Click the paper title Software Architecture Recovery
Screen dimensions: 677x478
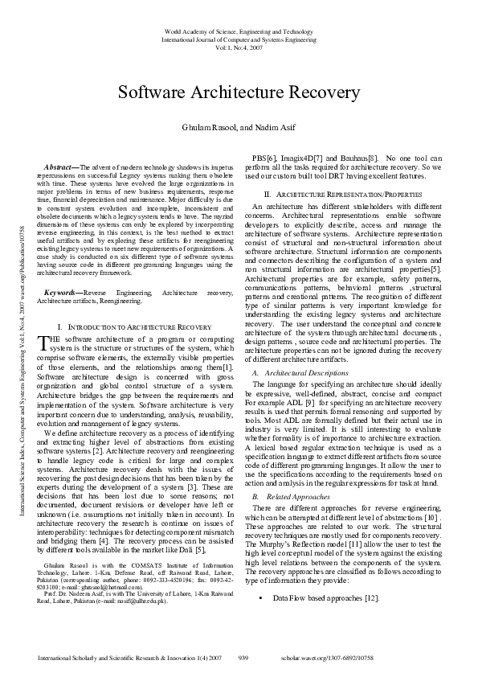coord(239,92)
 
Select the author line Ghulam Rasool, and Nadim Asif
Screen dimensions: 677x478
coord(239,128)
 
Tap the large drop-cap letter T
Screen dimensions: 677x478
coord(43,344)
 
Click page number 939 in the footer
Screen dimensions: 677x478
coord(244,658)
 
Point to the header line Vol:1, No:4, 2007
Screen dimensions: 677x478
coord(239,47)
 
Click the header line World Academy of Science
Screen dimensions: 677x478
coord(239,31)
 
